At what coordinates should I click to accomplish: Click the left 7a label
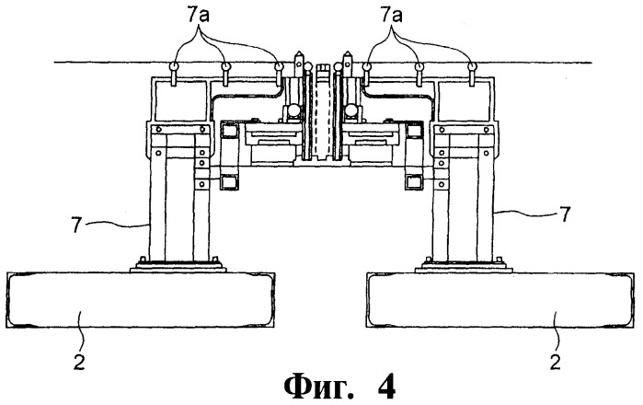(x=199, y=16)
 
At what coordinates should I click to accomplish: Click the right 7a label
(x=392, y=16)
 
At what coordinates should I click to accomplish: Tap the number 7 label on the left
(x=75, y=226)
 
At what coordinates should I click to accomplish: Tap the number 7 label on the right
(x=565, y=214)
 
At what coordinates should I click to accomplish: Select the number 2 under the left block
(x=79, y=363)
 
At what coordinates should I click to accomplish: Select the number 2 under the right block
(x=555, y=363)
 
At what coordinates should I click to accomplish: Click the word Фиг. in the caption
(x=318, y=386)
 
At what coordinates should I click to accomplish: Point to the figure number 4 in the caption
(x=385, y=386)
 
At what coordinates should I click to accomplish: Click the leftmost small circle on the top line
(x=174, y=65)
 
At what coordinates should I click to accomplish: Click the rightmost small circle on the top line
(x=471, y=65)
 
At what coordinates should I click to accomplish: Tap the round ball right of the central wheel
(x=351, y=110)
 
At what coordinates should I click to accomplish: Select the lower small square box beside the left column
(x=228, y=181)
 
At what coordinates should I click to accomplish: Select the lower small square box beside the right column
(x=413, y=181)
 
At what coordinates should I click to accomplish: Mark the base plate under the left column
(x=178, y=267)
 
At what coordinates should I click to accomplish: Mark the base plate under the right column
(x=464, y=267)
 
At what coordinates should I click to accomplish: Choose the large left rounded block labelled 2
(x=141, y=300)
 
